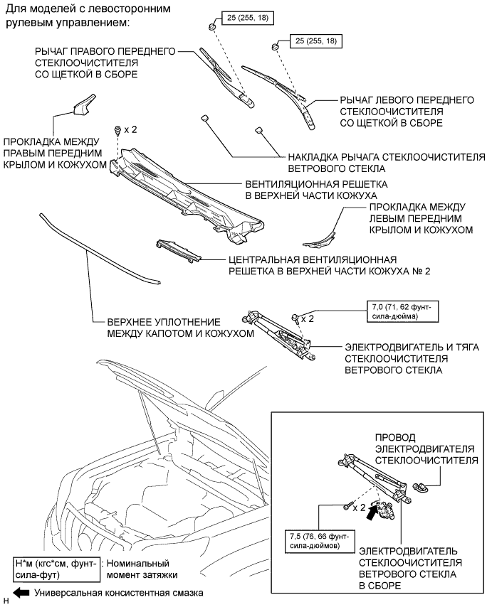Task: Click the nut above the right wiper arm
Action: point(214,27)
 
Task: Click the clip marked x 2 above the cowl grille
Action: point(116,130)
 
